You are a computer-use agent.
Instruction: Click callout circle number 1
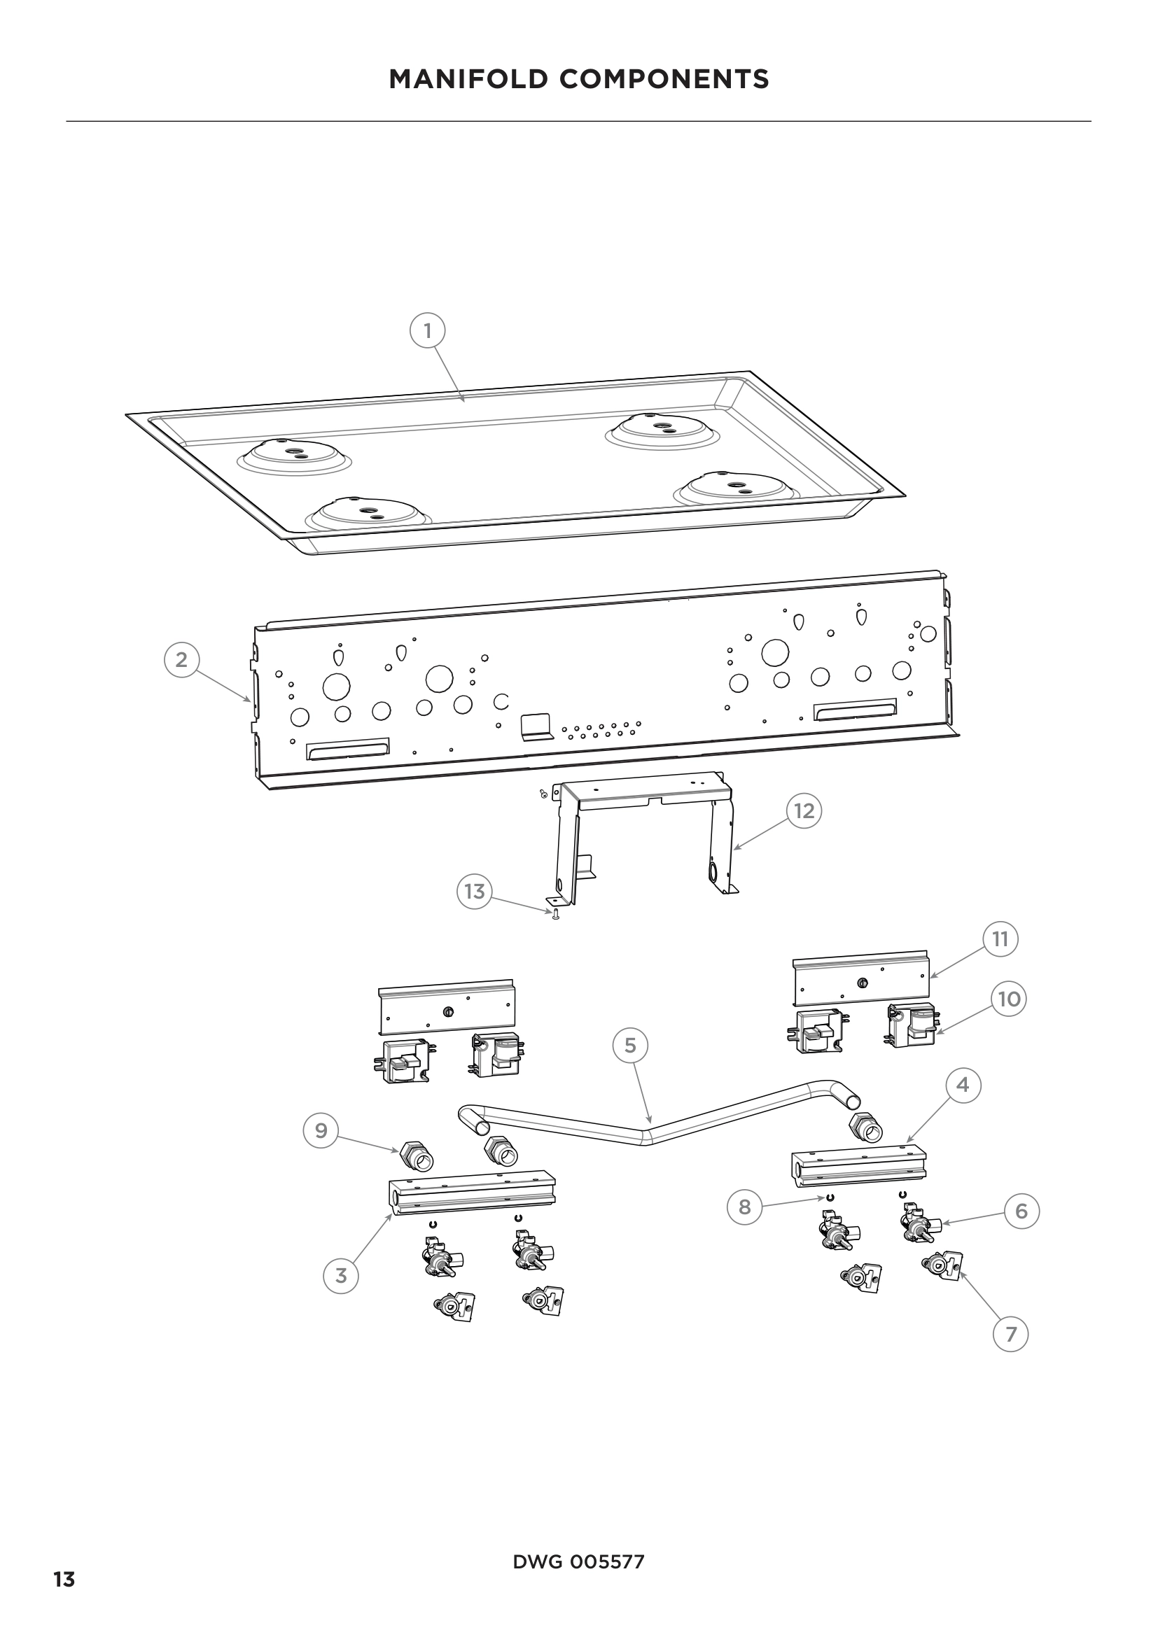(x=428, y=331)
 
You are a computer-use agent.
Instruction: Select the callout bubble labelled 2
(x=182, y=659)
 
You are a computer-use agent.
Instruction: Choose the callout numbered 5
(x=630, y=1045)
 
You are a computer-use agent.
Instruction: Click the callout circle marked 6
(x=1021, y=1211)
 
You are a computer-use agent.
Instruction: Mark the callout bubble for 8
(x=744, y=1207)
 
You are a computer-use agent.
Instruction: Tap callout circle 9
(x=321, y=1131)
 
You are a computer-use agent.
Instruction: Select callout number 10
(x=1009, y=999)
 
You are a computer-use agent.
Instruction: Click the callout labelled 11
(x=1000, y=939)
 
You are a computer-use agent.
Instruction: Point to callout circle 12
(x=804, y=810)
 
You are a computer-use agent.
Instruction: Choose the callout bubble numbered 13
(x=474, y=891)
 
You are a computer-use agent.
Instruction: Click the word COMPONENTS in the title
(x=664, y=79)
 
